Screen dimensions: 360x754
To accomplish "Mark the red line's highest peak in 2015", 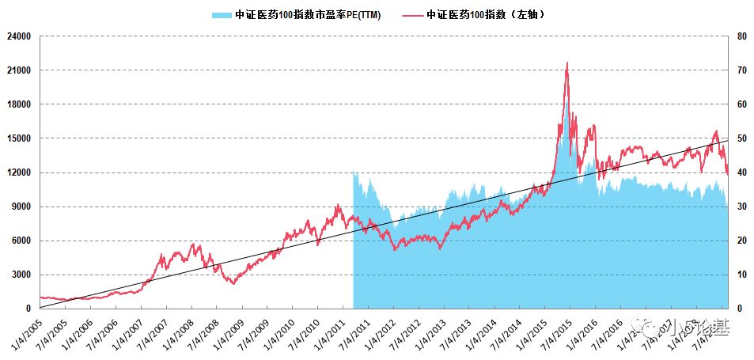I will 566,63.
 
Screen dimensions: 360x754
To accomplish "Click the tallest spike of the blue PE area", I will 566,100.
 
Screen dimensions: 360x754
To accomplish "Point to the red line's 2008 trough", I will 233,282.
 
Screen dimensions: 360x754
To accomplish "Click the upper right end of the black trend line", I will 727,140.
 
